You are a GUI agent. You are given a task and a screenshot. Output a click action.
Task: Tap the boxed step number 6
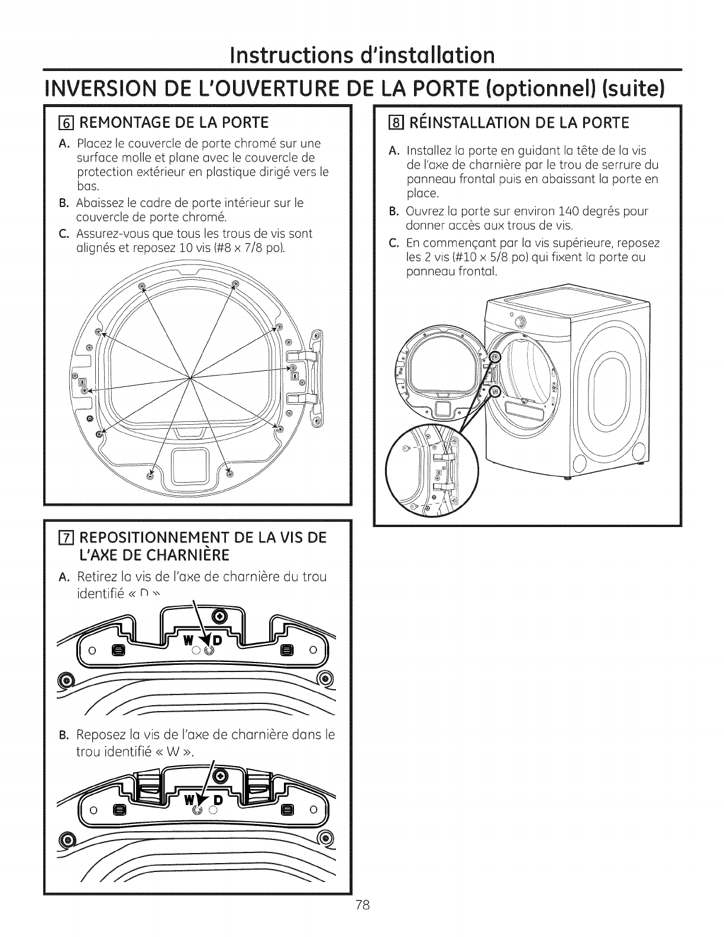coord(66,122)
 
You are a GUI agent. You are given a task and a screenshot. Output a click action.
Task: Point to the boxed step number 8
coord(391,122)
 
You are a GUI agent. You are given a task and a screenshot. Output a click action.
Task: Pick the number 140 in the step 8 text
coord(545,211)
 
